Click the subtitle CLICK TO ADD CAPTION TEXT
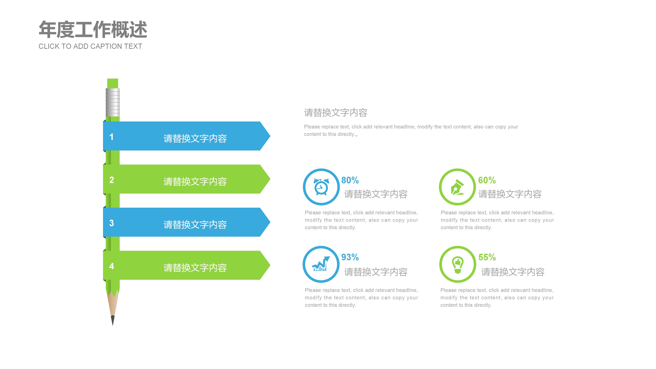[x=90, y=46]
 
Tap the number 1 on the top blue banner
[x=111, y=137]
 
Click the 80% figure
[x=350, y=180]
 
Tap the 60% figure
[x=487, y=180]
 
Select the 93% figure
[x=350, y=257]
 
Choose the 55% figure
[x=487, y=257]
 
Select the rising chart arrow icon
[x=321, y=264]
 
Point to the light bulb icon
[x=458, y=264]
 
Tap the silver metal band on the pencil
[x=113, y=102]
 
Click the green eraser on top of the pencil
[x=113, y=83]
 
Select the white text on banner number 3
[x=195, y=225]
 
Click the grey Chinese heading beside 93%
[x=376, y=272]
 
